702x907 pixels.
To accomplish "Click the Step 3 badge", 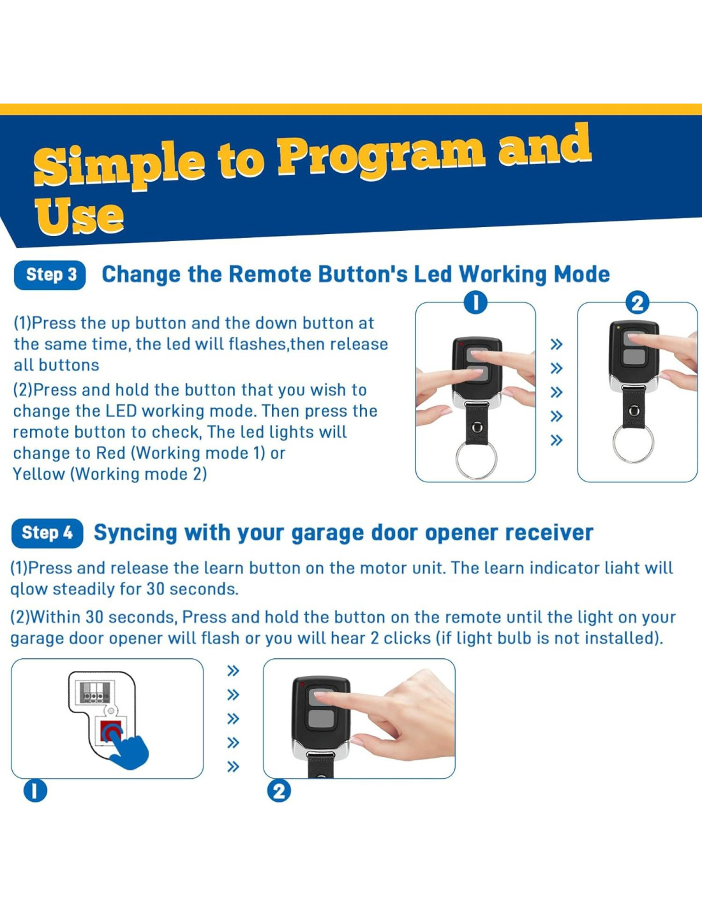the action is click(x=50, y=275).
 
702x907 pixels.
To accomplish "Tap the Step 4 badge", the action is click(x=47, y=533).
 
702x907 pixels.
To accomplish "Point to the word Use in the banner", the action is click(x=79, y=216).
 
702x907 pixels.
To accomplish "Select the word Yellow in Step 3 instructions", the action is click(x=38, y=475).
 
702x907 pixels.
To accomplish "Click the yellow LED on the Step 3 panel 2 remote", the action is click(x=618, y=328).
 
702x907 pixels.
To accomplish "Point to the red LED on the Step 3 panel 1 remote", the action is click(x=461, y=344).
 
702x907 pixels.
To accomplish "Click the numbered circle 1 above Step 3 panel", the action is click(x=476, y=303).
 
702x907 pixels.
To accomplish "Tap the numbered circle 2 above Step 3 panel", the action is click(x=638, y=303).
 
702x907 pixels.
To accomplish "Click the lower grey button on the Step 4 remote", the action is click(x=321, y=719).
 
